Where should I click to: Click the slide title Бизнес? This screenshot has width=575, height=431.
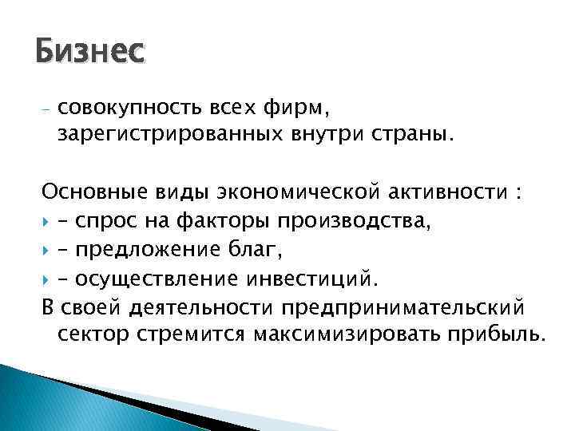(x=90, y=53)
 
